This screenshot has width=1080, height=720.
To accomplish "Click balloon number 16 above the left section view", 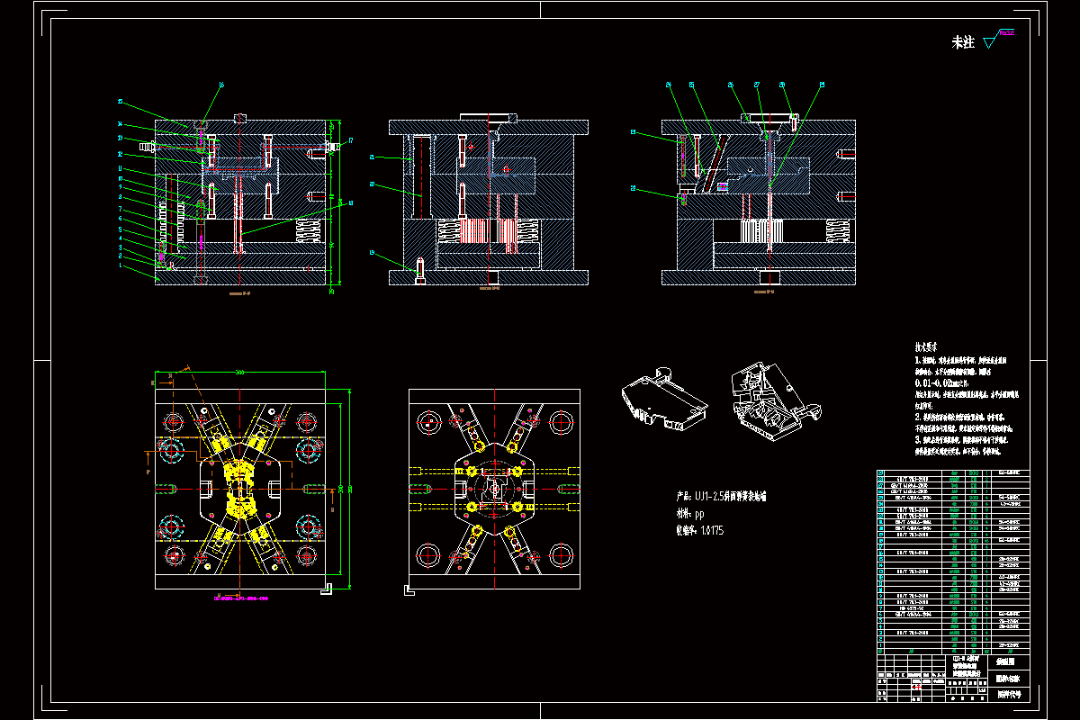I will [x=222, y=85].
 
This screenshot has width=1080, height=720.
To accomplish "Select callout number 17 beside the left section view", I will [x=350, y=140].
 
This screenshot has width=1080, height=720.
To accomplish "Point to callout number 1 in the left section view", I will [x=120, y=265].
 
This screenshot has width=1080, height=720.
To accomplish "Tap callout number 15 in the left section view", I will [x=121, y=102].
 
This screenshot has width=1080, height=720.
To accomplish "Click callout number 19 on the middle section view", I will [x=371, y=253].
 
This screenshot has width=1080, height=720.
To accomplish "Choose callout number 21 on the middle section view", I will [x=372, y=157].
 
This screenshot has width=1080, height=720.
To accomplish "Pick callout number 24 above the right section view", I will [x=669, y=85].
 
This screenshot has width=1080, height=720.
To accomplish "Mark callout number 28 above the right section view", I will [x=782, y=85].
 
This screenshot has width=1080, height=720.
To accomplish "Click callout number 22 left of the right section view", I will [x=634, y=188].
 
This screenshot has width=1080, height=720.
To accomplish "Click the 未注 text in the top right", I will [x=963, y=42].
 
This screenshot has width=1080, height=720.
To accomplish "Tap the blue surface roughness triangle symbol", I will [x=991, y=40].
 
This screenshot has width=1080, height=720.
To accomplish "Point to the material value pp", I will [x=699, y=513].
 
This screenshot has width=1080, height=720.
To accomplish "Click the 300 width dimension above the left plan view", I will [x=240, y=371].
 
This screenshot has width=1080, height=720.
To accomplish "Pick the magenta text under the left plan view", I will [x=240, y=597].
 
